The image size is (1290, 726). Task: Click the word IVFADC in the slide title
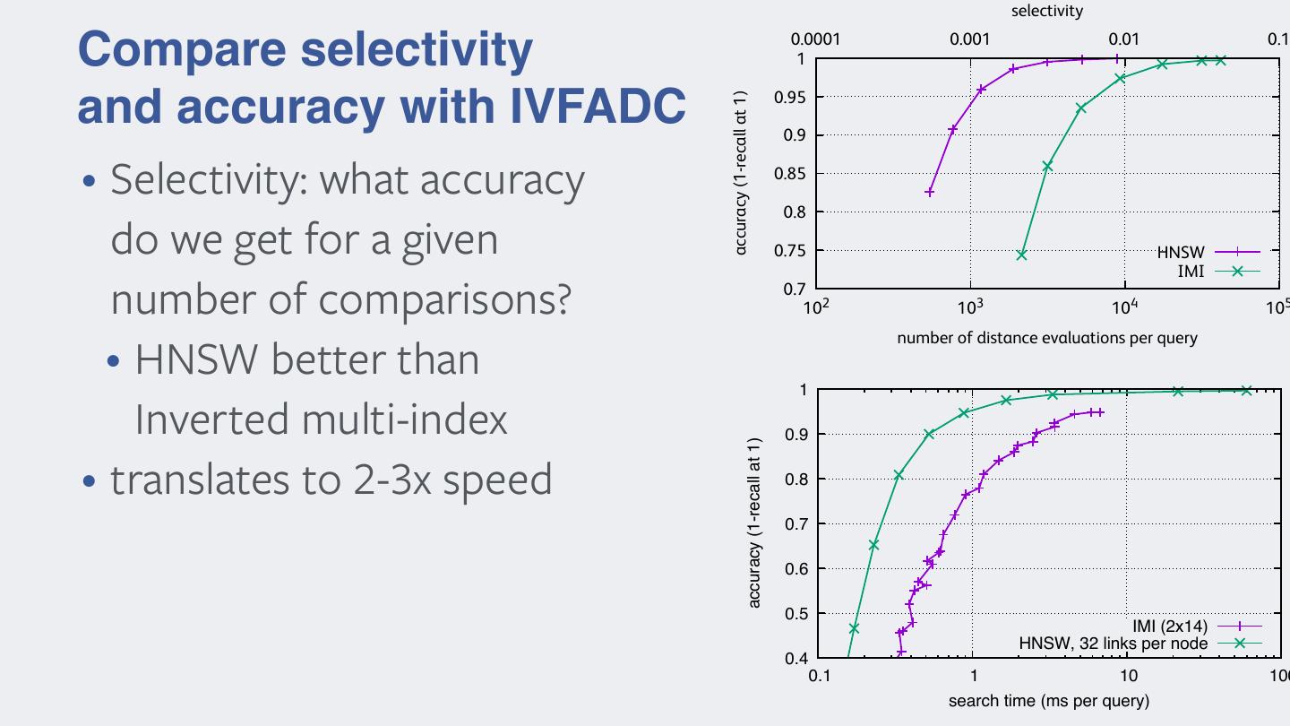[598, 106]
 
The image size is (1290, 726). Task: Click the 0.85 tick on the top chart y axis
[788, 173]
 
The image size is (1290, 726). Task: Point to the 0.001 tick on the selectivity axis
[969, 39]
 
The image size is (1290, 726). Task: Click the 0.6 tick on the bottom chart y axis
[795, 568]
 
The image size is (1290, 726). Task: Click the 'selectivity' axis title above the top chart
[1046, 11]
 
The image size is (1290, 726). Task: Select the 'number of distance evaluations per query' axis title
[1046, 338]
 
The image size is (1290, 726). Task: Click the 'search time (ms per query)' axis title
[1048, 701]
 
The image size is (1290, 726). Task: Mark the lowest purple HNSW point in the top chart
[930, 193]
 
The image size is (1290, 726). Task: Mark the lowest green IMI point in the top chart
[1021, 255]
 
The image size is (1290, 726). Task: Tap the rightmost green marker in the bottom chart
[1246, 390]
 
